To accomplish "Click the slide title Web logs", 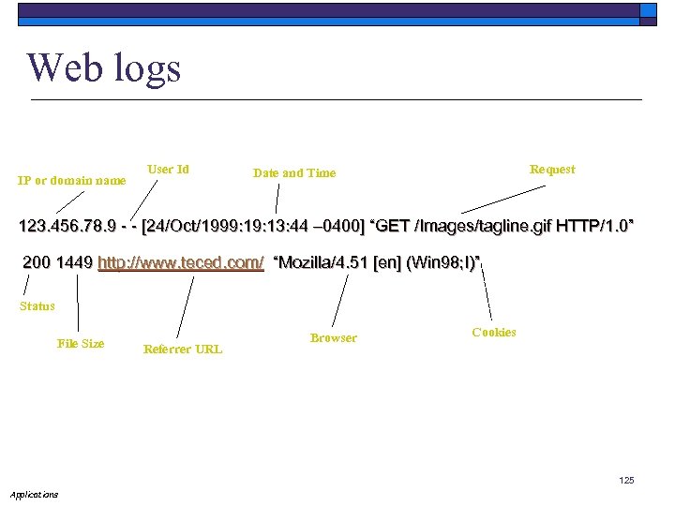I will pyautogui.click(x=104, y=67).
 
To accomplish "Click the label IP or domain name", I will pyautogui.click(x=72, y=180).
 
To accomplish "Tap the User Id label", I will pyautogui.click(x=168, y=169).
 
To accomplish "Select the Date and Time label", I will pyautogui.click(x=294, y=172).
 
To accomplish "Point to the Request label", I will pyautogui.click(x=552, y=169).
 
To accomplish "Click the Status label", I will pyautogui.click(x=37, y=305).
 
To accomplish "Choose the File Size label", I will pyautogui.click(x=81, y=343).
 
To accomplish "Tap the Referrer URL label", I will pyautogui.click(x=183, y=349).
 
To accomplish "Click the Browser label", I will pyautogui.click(x=334, y=337).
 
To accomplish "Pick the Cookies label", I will pyautogui.click(x=494, y=332).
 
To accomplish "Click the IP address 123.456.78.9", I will pyautogui.click(x=67, y=227).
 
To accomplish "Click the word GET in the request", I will pyautogui.click(x=393, y=227).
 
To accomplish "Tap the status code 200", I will pyautogui.click(x=37, y=262).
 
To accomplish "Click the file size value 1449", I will pyautogui.click(x=74, y=262).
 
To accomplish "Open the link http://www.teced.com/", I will pyautogui.click(x=181, y=262).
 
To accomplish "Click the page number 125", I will pyautogui.click(x=626, y=481).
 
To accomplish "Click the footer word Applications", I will pyautogui.click(x=34, y=494).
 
